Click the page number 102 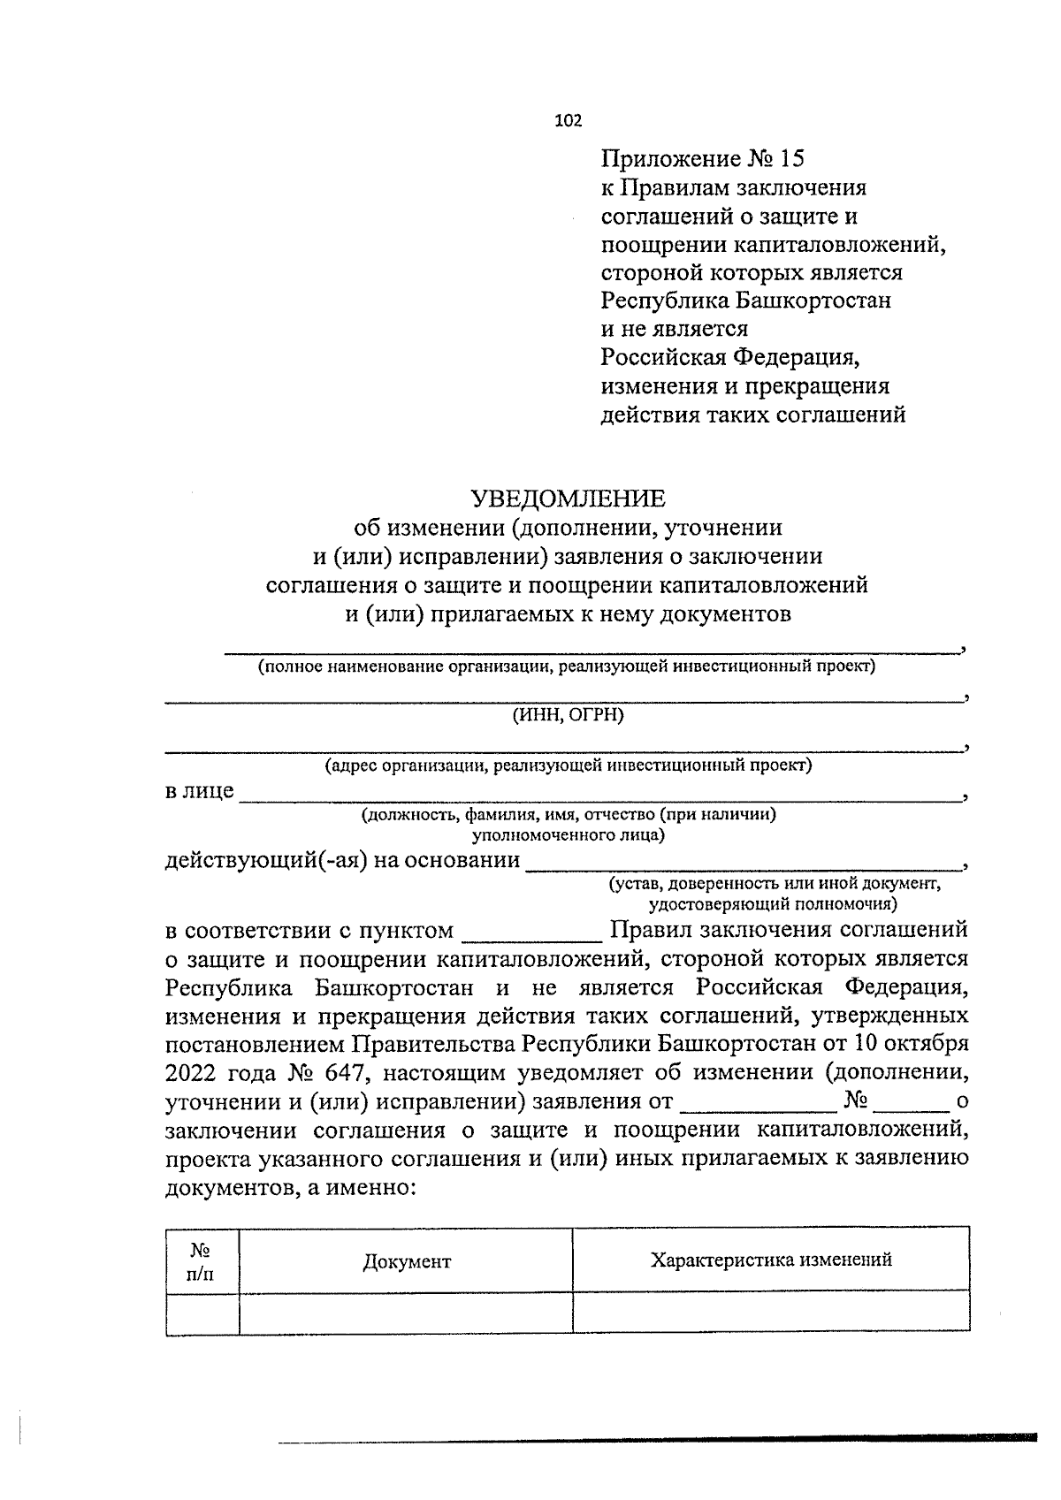568,122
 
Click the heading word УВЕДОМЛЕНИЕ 567,499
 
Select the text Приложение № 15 704,159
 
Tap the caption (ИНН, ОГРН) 568,715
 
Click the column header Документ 407,1261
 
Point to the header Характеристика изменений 771,1260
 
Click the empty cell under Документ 406,1313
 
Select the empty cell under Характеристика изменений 771,1313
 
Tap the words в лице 200,790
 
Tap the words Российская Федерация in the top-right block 730,358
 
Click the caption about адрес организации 568,765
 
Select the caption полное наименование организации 566,666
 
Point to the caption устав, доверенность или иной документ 774,884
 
